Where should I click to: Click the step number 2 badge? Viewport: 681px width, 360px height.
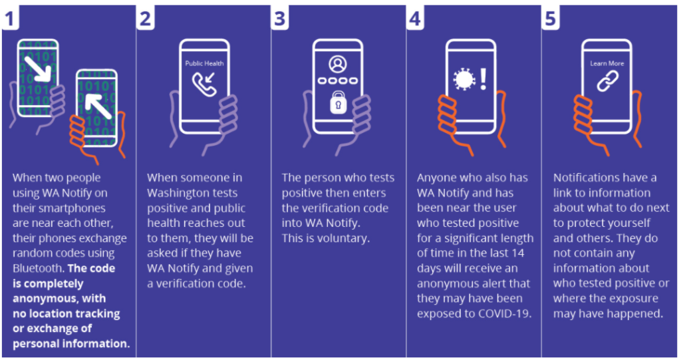pyautogui.click(x=146, y=18)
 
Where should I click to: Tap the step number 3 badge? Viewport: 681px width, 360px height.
pyautogui.click(x=279, y=18)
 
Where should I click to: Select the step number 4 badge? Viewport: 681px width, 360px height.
pyautogui.click(x=415, y=18)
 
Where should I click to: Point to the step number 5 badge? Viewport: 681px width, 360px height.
pyautogui.click(x=550, y=18)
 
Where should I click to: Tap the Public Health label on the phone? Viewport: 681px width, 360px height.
pyautogui.click(x=204, y=64)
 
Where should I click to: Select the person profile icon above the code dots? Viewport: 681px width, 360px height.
pyautogui.click(x=338, y=65)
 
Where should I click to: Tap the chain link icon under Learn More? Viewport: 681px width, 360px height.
pyautogui.click(x=607, y=82)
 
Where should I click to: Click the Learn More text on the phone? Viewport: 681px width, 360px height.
pyautogui.click(x=607, y=64)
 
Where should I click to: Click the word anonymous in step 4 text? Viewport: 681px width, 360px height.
pyautogui.click(x=445, y=283)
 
